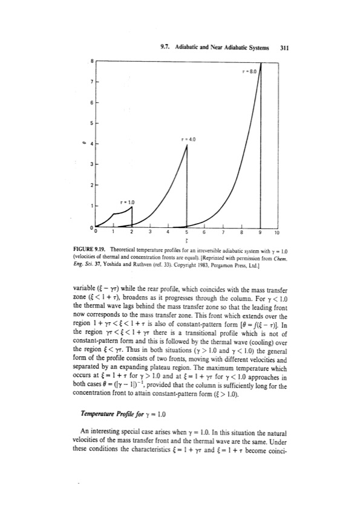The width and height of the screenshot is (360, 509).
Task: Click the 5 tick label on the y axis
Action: click(92, 125)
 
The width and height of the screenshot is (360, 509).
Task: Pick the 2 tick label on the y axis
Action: click(92, 184)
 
